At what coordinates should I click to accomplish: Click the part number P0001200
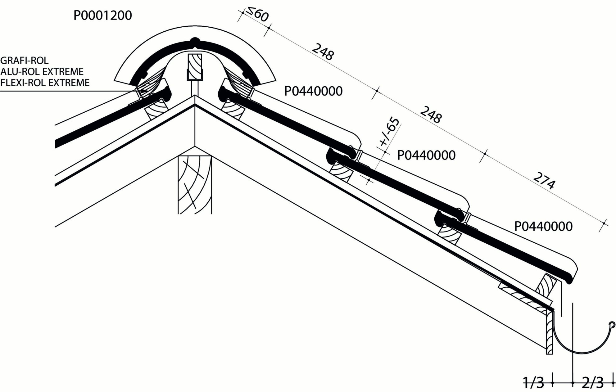102,15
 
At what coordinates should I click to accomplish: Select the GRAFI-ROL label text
25,61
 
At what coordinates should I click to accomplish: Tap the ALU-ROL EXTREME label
42,72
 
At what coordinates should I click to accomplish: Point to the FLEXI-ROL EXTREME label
45,83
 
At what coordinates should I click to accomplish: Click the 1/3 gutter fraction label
534,383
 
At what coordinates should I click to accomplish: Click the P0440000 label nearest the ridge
313,91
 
